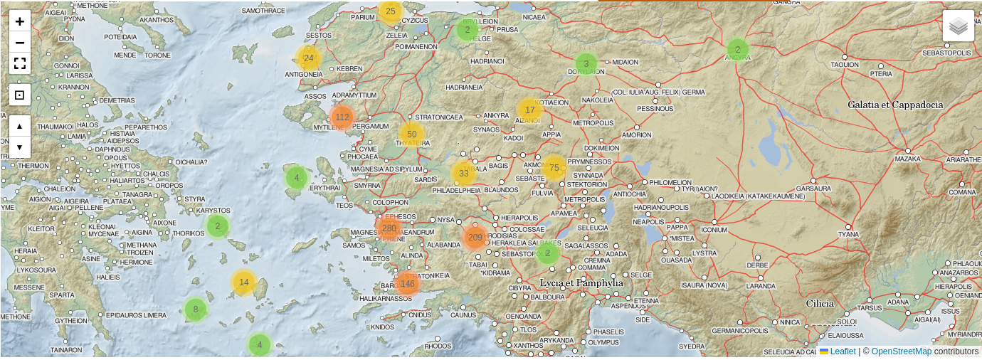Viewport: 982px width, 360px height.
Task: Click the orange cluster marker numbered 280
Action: point(389,228)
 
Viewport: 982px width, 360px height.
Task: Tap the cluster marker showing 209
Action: point(475,237)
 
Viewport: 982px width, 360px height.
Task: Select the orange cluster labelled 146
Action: point(407,283)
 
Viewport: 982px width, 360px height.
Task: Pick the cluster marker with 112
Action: point(342,117)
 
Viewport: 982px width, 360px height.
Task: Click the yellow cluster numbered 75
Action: point(554,168)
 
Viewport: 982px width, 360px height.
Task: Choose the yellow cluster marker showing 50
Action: point(411,134)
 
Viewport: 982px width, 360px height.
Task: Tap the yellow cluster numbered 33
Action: point(464,173)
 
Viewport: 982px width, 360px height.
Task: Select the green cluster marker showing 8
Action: point(195,309)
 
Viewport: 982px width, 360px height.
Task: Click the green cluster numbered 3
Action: point(586,63)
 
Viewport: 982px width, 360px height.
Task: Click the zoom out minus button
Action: point(20,43)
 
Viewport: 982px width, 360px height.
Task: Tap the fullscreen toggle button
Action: point(20,63)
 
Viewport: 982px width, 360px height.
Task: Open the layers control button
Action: point(958,26)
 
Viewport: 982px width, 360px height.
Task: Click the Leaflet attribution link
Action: point(843,351)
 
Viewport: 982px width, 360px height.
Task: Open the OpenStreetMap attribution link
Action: point(901,351)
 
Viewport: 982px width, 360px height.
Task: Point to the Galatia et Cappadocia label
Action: point(895,105)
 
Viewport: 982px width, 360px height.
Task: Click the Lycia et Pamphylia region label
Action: point(581,282)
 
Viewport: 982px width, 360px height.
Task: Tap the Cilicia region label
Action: point(820,303)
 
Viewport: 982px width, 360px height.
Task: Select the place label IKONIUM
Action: point(714,230)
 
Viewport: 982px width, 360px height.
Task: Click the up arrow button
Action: point(20,126)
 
